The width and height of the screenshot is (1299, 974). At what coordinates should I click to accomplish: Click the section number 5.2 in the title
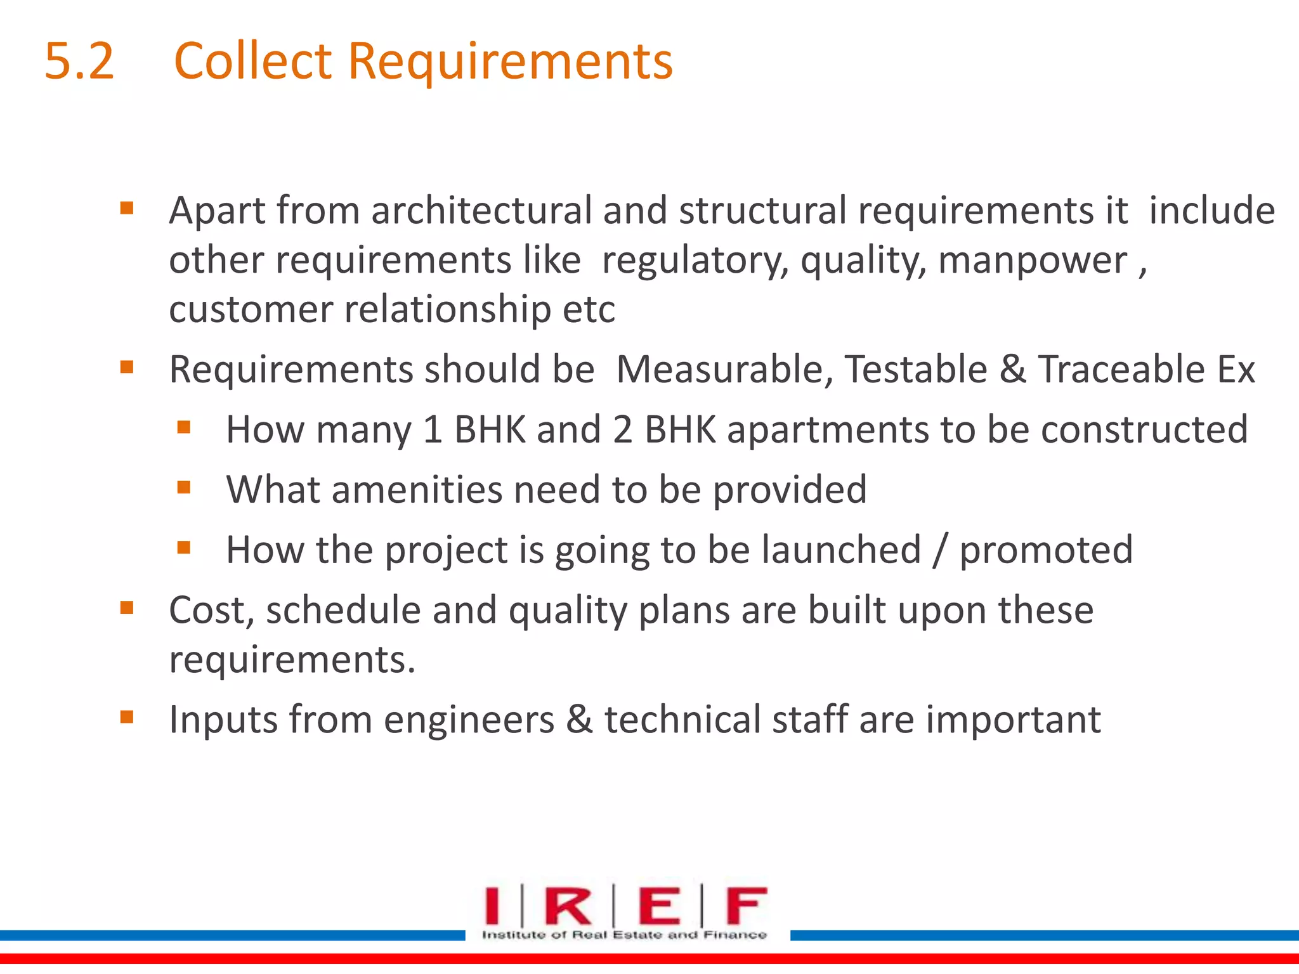79,62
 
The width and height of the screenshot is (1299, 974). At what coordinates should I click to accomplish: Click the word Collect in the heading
252,62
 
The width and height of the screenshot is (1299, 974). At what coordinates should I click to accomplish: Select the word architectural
481,211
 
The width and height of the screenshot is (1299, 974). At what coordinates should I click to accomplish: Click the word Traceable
1121,370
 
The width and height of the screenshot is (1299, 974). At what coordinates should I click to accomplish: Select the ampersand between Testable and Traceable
1013,370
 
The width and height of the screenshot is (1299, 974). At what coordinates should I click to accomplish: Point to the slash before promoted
939,550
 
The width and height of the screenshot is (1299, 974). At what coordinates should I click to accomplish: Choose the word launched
841,550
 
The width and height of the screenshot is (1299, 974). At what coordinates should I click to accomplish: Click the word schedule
343,611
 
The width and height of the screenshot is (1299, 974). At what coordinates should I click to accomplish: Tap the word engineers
469,720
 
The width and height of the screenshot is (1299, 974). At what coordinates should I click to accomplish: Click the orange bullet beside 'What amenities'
184,487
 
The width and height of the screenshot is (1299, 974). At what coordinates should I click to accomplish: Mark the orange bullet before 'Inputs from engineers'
127,717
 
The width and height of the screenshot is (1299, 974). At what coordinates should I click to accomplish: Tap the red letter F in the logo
746,906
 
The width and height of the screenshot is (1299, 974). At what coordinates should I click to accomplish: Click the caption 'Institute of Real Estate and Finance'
624,935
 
